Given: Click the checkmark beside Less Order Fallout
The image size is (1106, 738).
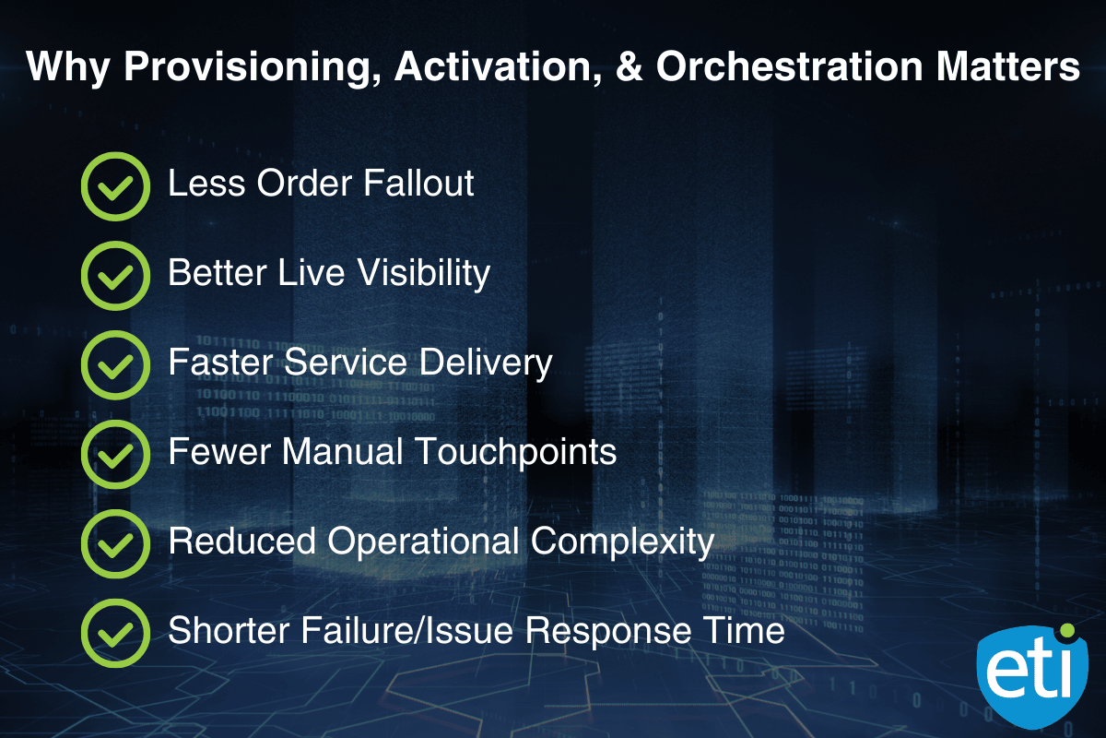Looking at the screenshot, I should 115,186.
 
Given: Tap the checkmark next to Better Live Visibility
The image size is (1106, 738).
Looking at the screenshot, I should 115,276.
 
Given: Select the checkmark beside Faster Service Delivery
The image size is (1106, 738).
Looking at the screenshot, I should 115,365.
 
